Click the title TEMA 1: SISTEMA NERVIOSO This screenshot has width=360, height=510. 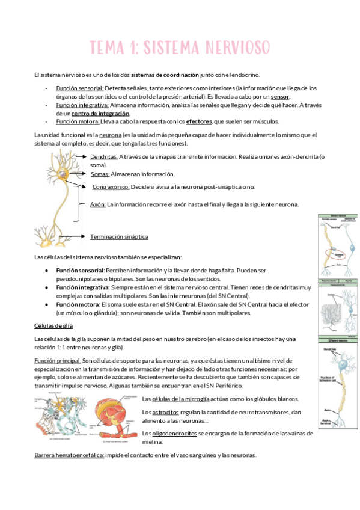(x=180, y=47)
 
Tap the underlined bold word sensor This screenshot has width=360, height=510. (x=280, y=96)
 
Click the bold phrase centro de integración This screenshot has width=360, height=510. (x=100, y=113)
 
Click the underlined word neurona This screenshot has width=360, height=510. (x=110, y=135)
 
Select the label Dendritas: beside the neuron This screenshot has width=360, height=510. (x=103, y=157)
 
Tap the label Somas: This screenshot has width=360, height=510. (x=99, y=174)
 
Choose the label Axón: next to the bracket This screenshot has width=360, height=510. (x=97, y=204)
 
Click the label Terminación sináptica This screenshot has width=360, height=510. (x=119, y=236)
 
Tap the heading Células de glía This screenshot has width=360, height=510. (x=52, y=326)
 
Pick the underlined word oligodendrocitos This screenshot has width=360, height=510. (x=176, y=433)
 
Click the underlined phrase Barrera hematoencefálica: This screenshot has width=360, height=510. (x=69, y=455)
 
